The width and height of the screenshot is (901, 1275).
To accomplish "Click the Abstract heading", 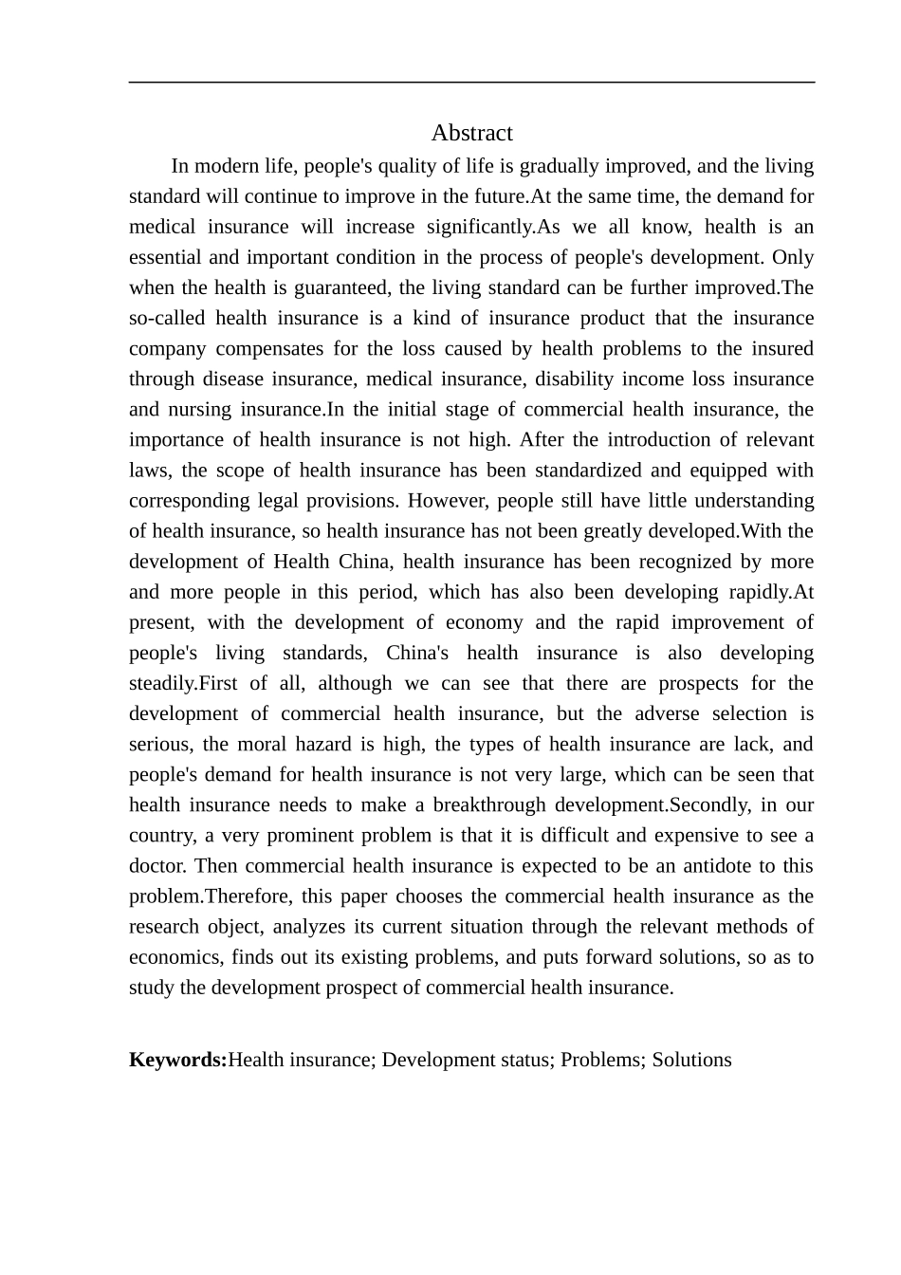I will (x=471, y=133).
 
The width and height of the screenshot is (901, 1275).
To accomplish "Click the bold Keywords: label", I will (x=177, y=1060).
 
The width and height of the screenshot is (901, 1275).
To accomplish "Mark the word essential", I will (x=165, y=257).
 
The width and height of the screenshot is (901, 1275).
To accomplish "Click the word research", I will (x=164, y=927).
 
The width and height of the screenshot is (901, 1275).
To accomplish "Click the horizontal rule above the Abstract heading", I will (x=471, y=83).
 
